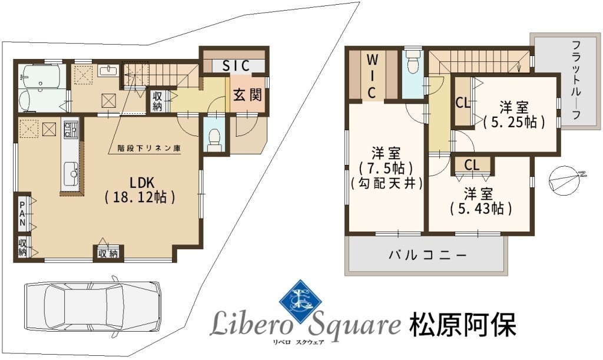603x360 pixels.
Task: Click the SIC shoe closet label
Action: (237, 66)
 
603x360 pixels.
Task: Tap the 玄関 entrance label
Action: (247, 95)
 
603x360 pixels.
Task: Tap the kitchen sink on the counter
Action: (71, 173)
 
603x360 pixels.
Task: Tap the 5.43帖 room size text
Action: (481, 209)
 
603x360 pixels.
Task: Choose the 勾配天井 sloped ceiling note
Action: (387, 183)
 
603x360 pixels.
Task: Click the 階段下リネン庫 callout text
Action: (149, 148)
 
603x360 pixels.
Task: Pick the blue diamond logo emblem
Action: (301, 300)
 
